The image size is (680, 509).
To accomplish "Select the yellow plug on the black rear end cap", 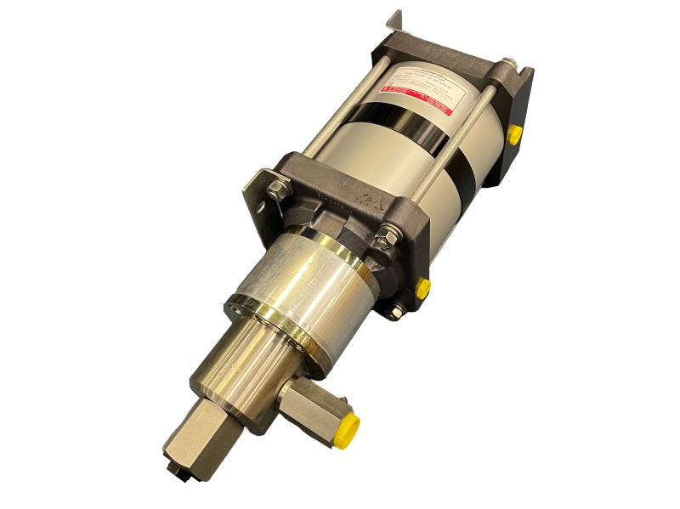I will (x=514, y=135).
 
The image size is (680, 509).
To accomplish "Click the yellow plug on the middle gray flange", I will (x=422, y=288).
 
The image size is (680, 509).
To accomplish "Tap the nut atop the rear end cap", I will (x=508, y=65).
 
